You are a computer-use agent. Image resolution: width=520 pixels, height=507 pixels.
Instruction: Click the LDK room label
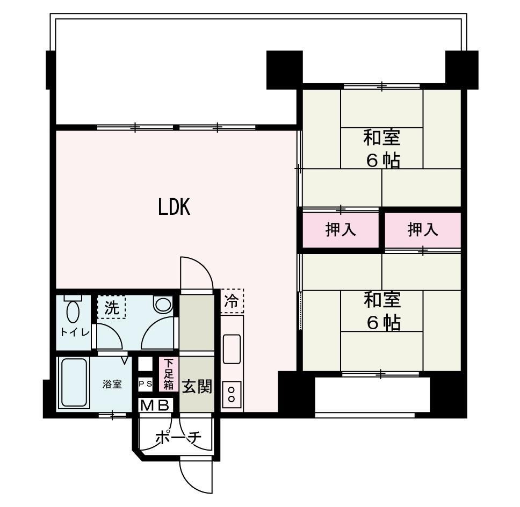tap(174, 207)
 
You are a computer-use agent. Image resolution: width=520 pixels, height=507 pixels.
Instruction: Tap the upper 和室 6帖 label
tap(382, 148)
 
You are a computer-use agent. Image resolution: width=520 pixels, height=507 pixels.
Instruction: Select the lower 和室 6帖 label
tap(382, 310)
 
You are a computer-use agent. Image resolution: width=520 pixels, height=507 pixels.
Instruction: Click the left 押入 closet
tap(341, 230)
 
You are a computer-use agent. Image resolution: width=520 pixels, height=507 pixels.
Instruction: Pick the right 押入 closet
tap(423, 230)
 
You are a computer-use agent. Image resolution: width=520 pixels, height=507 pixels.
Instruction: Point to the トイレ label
tap(74, 332)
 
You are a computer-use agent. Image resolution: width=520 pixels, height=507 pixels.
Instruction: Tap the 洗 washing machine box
tap(111, 308)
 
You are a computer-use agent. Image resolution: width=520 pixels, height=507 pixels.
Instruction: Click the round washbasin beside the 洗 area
tap(162, 305)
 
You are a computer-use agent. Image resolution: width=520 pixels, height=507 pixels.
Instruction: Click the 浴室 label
tap(112, 384)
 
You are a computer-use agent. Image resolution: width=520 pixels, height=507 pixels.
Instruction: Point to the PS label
tap(146, 384)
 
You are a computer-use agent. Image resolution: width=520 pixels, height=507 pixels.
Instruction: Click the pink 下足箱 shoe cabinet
tap(169, 374)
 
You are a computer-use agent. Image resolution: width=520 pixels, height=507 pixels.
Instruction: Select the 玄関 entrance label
tap(196, 386)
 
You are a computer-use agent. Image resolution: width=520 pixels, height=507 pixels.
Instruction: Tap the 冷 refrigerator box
tap(232, 301)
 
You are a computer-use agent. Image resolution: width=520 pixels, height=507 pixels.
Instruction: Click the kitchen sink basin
tap(232, 349)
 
